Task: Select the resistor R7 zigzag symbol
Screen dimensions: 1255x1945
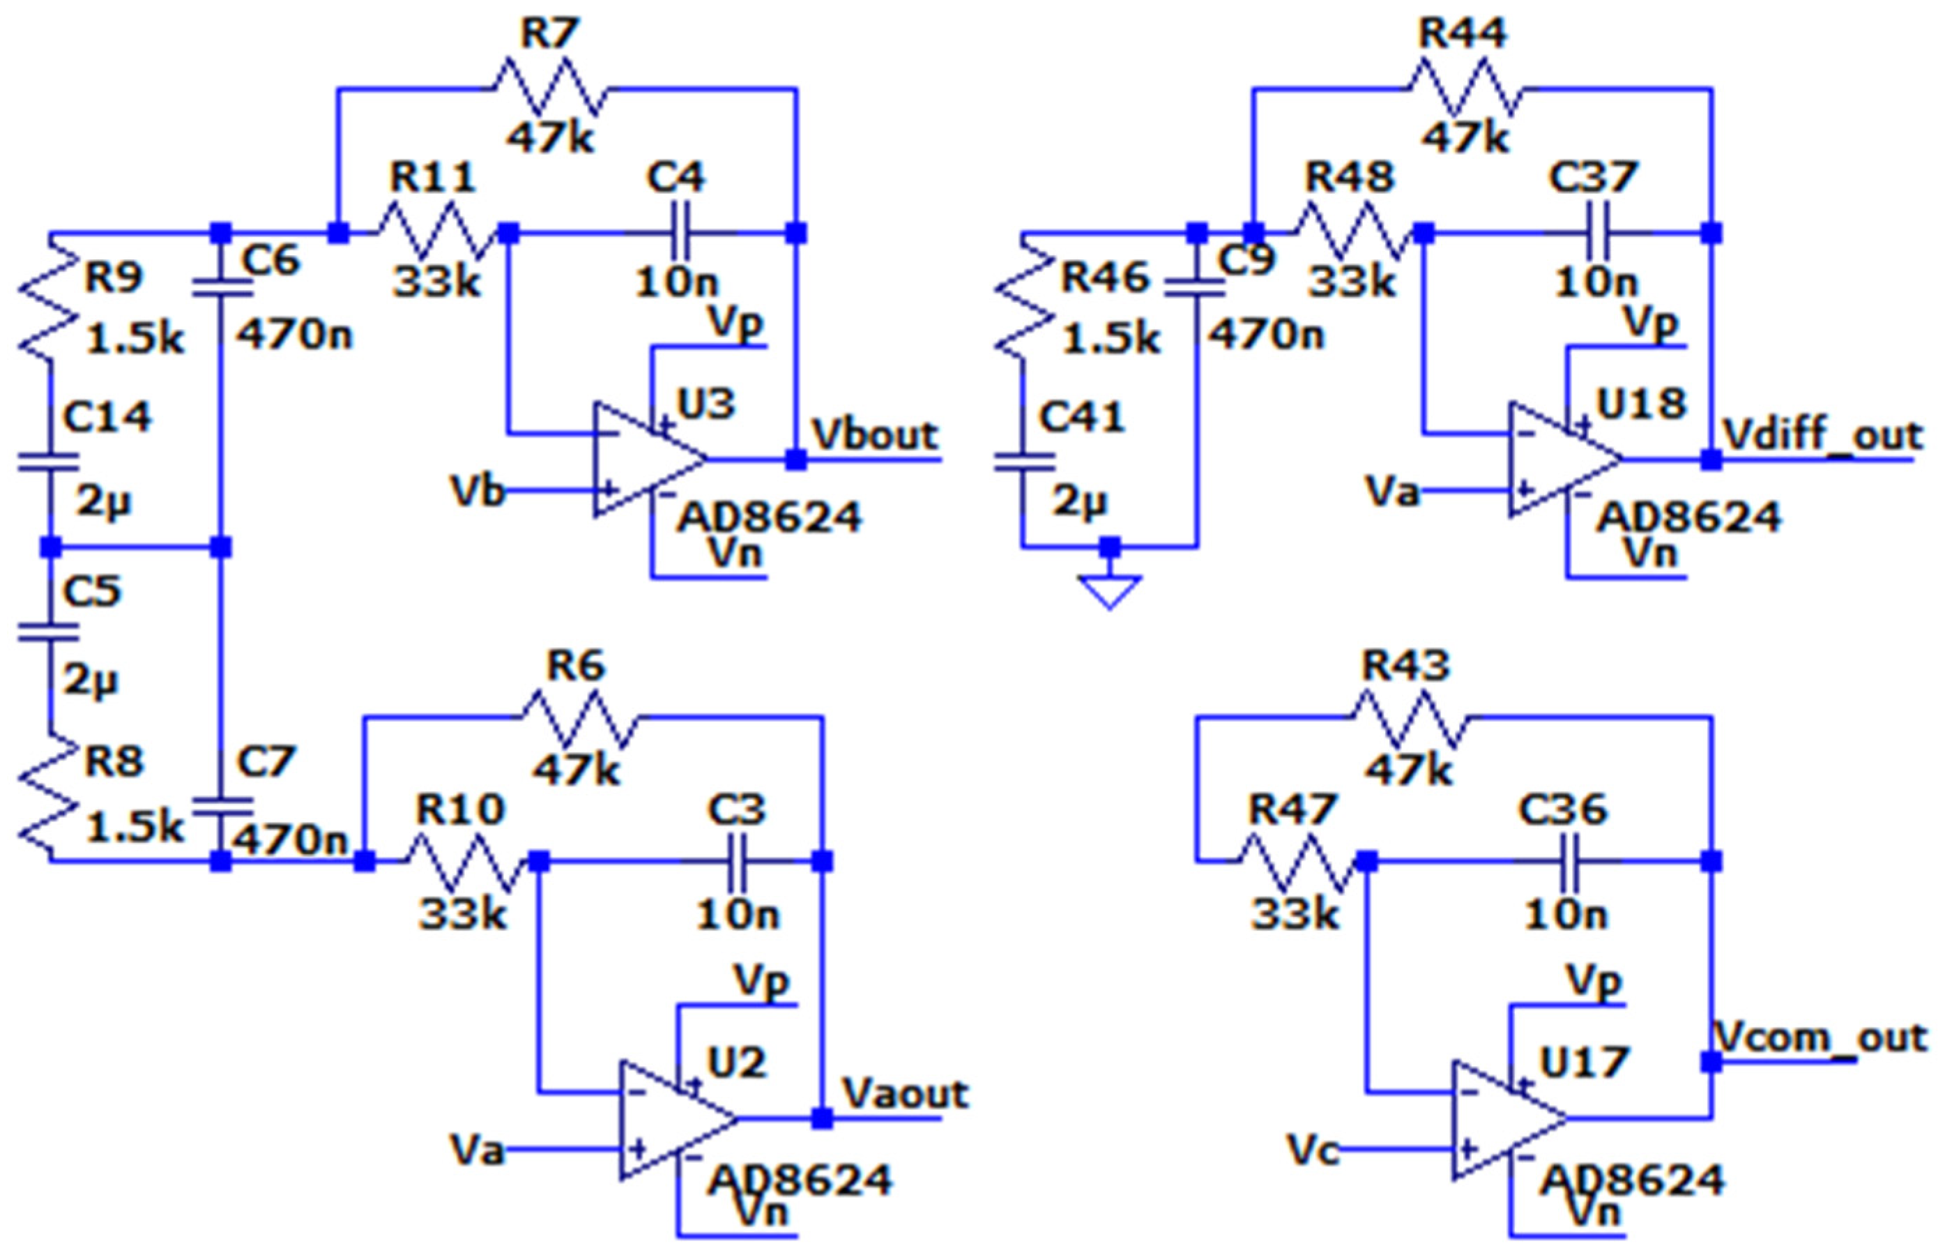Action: tap(551, 88)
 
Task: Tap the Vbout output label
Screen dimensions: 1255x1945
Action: tap(875, 435)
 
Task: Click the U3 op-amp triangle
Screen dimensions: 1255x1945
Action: tap(643, 459)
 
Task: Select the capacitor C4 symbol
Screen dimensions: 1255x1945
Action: tap(680, 233)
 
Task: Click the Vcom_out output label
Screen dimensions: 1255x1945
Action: tap(1821, 1037)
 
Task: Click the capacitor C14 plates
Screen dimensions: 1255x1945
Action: tap(49, 463)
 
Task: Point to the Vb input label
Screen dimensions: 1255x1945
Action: tap(477, 492)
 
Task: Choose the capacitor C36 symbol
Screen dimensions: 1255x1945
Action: tap(1568, 860)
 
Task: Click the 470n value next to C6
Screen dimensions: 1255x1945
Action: tap(294, 334)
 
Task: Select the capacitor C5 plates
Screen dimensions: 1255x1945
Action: tap(49, 632)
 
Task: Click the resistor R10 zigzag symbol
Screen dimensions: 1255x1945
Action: tap(464, 860)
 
